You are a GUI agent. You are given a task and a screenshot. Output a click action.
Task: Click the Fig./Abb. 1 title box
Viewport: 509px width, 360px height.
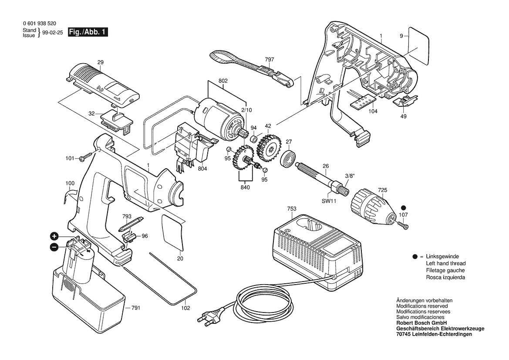click(88, 32)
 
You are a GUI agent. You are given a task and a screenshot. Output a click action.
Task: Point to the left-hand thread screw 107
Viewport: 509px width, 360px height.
click(402, 224)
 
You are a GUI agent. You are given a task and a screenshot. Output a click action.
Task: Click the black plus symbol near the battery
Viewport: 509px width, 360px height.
click(54, 236)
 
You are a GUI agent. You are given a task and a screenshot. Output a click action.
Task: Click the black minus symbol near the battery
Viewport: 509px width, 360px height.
click(54, 247)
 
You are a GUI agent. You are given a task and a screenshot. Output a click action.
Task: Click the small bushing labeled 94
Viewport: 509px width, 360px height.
click(253, 139)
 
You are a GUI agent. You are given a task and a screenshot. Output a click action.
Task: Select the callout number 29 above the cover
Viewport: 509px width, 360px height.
click(100, 63)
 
